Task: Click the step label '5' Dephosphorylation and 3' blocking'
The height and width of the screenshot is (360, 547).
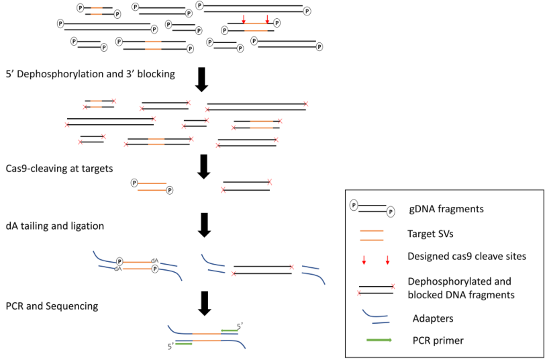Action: [x=91, y=75]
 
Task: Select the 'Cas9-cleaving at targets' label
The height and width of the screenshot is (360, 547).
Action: [x=56, y=169]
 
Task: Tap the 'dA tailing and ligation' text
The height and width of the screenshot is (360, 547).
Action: [x=54, y=226]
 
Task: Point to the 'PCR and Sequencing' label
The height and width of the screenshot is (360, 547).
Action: [x=52, y=306]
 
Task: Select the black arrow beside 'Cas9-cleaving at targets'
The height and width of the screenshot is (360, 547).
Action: [x=205, y=165]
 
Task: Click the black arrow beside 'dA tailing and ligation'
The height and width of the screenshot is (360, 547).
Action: [x=205, y=224]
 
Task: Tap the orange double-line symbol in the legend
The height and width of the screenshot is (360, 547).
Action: [x=372, y=234]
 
